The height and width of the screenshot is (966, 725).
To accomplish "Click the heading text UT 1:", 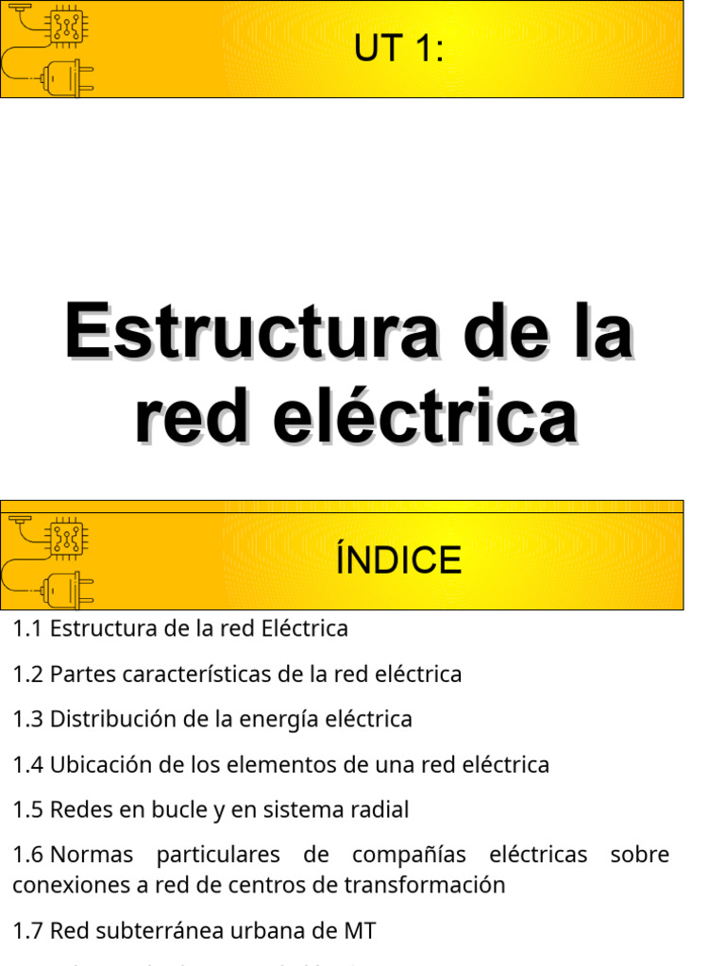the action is pos(398,49).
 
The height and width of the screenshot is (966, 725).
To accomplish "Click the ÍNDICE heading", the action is pos(398,560).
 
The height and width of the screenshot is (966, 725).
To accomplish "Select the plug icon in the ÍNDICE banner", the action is pos(71,590).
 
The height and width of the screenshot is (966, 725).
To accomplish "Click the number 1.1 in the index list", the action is pos(27,628).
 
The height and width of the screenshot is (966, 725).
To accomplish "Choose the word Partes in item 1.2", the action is pos(80,675).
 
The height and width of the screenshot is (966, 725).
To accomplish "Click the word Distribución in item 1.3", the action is pos(105,720).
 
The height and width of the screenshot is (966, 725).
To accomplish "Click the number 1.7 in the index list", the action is pos(27,931).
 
